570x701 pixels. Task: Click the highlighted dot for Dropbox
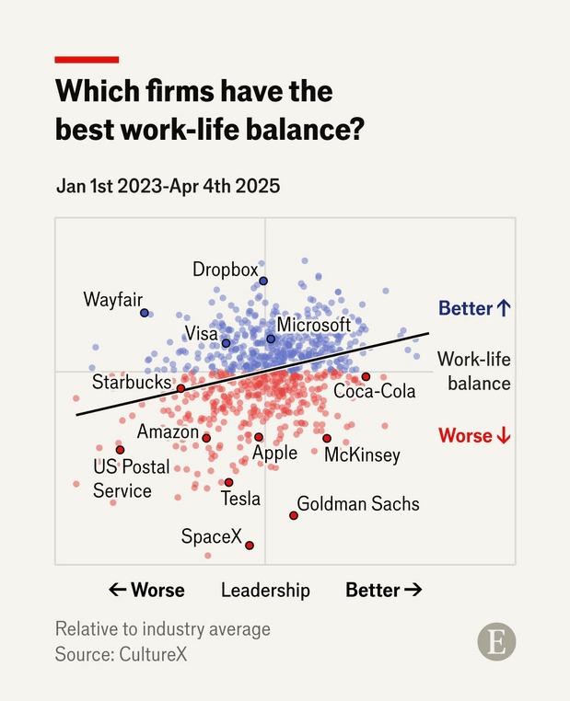coord(263,281)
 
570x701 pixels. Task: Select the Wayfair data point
coord(145,313)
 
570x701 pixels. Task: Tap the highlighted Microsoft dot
coord(271,339)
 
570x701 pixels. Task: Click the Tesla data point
coord(229,482)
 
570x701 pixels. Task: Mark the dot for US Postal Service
coord(120,450)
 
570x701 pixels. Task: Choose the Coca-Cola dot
coord(366,377)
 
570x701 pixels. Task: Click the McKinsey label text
coord(362,455)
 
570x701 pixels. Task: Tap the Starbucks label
coord(132,382)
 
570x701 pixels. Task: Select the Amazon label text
coord(168,431)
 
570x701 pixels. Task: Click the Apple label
coord(274,453)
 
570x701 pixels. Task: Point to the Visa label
coord(202,333)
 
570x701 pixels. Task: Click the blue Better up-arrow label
coord(473,308)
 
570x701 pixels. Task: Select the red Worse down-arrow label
coord(474,435)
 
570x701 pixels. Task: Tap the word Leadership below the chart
coord(265,590)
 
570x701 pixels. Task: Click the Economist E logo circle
coord(496,642)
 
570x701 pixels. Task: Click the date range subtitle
coord(168,186)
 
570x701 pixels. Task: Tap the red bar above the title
coord(87,60)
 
